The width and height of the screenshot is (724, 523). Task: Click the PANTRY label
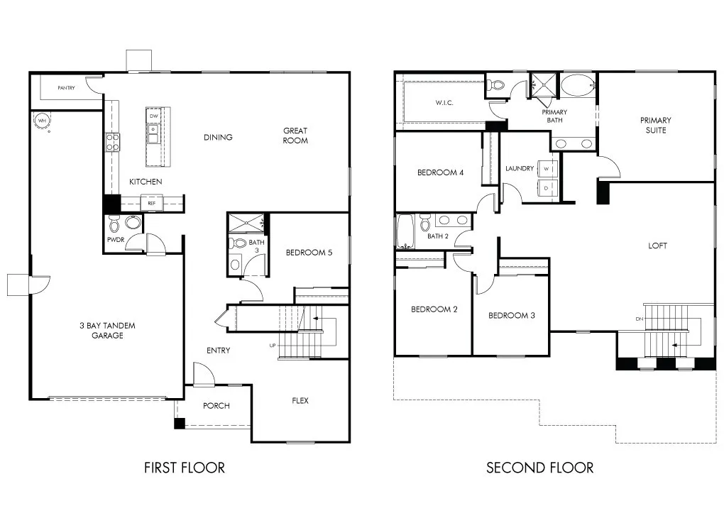pyautogui.click(x=67, y=88)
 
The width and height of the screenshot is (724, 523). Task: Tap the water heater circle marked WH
pyautogui.click(x=42, y=121)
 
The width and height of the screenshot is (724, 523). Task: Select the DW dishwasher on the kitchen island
pyautogui.click(x=154, y=116)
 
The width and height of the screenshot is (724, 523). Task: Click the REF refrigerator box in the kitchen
pyautogui.click(x=151, y=203)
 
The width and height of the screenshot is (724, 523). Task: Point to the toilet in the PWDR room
pyautogui.click(x=115, y=224)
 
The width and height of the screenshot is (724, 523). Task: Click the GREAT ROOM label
pyautogui.click(x=295, y=136)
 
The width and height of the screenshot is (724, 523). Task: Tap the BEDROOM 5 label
pyautogui.click(x=308, y=253)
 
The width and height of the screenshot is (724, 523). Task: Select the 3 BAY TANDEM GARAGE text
pyautogui.click(x=107, y=331)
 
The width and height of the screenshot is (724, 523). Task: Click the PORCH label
pyautogui.click(x=216, y=406)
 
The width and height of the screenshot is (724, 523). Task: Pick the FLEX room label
pyautogui.click(x=300, y=401)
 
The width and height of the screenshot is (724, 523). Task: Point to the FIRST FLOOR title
pyautogui.click(x=185, y=468)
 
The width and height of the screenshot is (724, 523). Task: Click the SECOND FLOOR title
pyautogui.click(x=539, y=468)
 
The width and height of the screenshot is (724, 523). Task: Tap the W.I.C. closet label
pyautogui.click(x=444, y=103)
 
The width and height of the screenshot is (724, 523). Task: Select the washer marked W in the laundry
pyautogui.click(x=547, y=170)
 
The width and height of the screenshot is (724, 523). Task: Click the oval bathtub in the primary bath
pyautogui.click(x=578, y=85)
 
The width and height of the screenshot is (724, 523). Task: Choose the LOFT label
pyautogui.click(x=657, y=246)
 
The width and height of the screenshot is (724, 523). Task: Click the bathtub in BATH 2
pyautogui.click(x=406, y=231)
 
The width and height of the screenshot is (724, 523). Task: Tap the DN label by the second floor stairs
pyautogui.click(x=639, y=319)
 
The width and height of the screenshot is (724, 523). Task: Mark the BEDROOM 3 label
pyautogui.click(x=511, y=315)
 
